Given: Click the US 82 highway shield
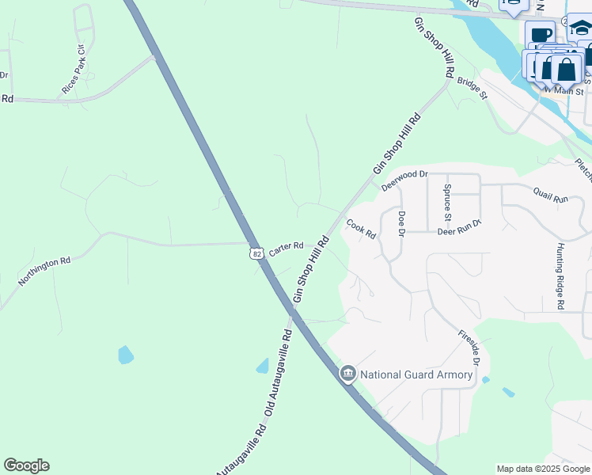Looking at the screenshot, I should point(254,253).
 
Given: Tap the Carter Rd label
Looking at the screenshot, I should point(286,248).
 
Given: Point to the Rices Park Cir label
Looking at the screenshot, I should point(74,70).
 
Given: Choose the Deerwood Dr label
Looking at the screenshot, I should point(404,180).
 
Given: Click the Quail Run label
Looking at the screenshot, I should point(551,195).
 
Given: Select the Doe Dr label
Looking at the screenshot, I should point(401,224).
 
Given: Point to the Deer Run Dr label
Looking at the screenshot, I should point(459,231).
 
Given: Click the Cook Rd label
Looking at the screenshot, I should point(360,230).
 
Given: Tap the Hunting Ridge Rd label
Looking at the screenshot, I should point(560,276).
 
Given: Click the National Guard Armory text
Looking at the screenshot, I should point(417,374).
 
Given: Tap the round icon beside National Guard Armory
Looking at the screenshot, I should point(348,374).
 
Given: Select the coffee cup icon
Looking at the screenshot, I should point(541,35).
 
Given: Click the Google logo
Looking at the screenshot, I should point(26,465).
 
